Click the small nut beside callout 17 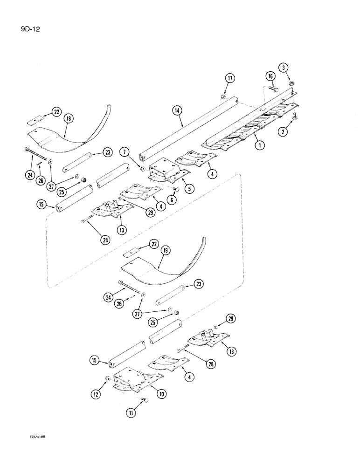click(223, 96)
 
